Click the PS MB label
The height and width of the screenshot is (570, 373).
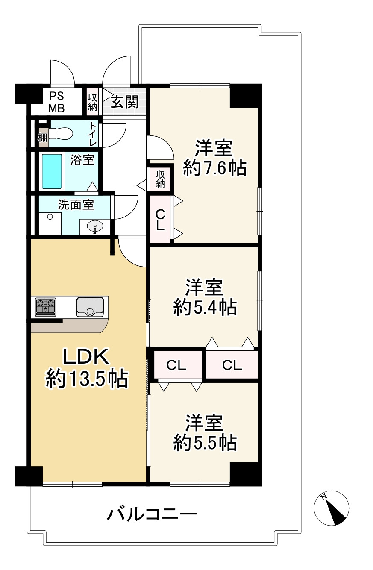point(56,102)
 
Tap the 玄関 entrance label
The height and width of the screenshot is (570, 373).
point(124,102)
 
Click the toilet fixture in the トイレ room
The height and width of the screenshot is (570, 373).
point(61,133)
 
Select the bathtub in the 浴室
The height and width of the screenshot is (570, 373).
point(52,171)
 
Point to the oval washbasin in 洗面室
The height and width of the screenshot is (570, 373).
point(95,226)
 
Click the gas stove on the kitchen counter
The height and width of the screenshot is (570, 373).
point(46,307)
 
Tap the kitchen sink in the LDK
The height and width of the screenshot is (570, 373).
point(90,307)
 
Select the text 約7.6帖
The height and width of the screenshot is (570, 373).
point(214,168)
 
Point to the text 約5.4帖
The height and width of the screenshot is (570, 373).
point(205,307)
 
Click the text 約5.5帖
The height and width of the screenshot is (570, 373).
point(205,443)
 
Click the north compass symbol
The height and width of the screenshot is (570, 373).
point(331,508)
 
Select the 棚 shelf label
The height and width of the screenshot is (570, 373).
point(42,138)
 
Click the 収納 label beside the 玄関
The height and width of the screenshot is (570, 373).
point(93,102)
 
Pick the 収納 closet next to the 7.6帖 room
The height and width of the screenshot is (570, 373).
point(160,179)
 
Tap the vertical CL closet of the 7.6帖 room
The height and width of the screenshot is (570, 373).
point(160,219)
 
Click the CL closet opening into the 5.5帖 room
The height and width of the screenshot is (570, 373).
point(178,365)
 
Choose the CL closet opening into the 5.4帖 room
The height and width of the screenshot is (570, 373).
point(232,365)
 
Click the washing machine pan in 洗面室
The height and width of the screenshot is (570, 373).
point(50,223)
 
